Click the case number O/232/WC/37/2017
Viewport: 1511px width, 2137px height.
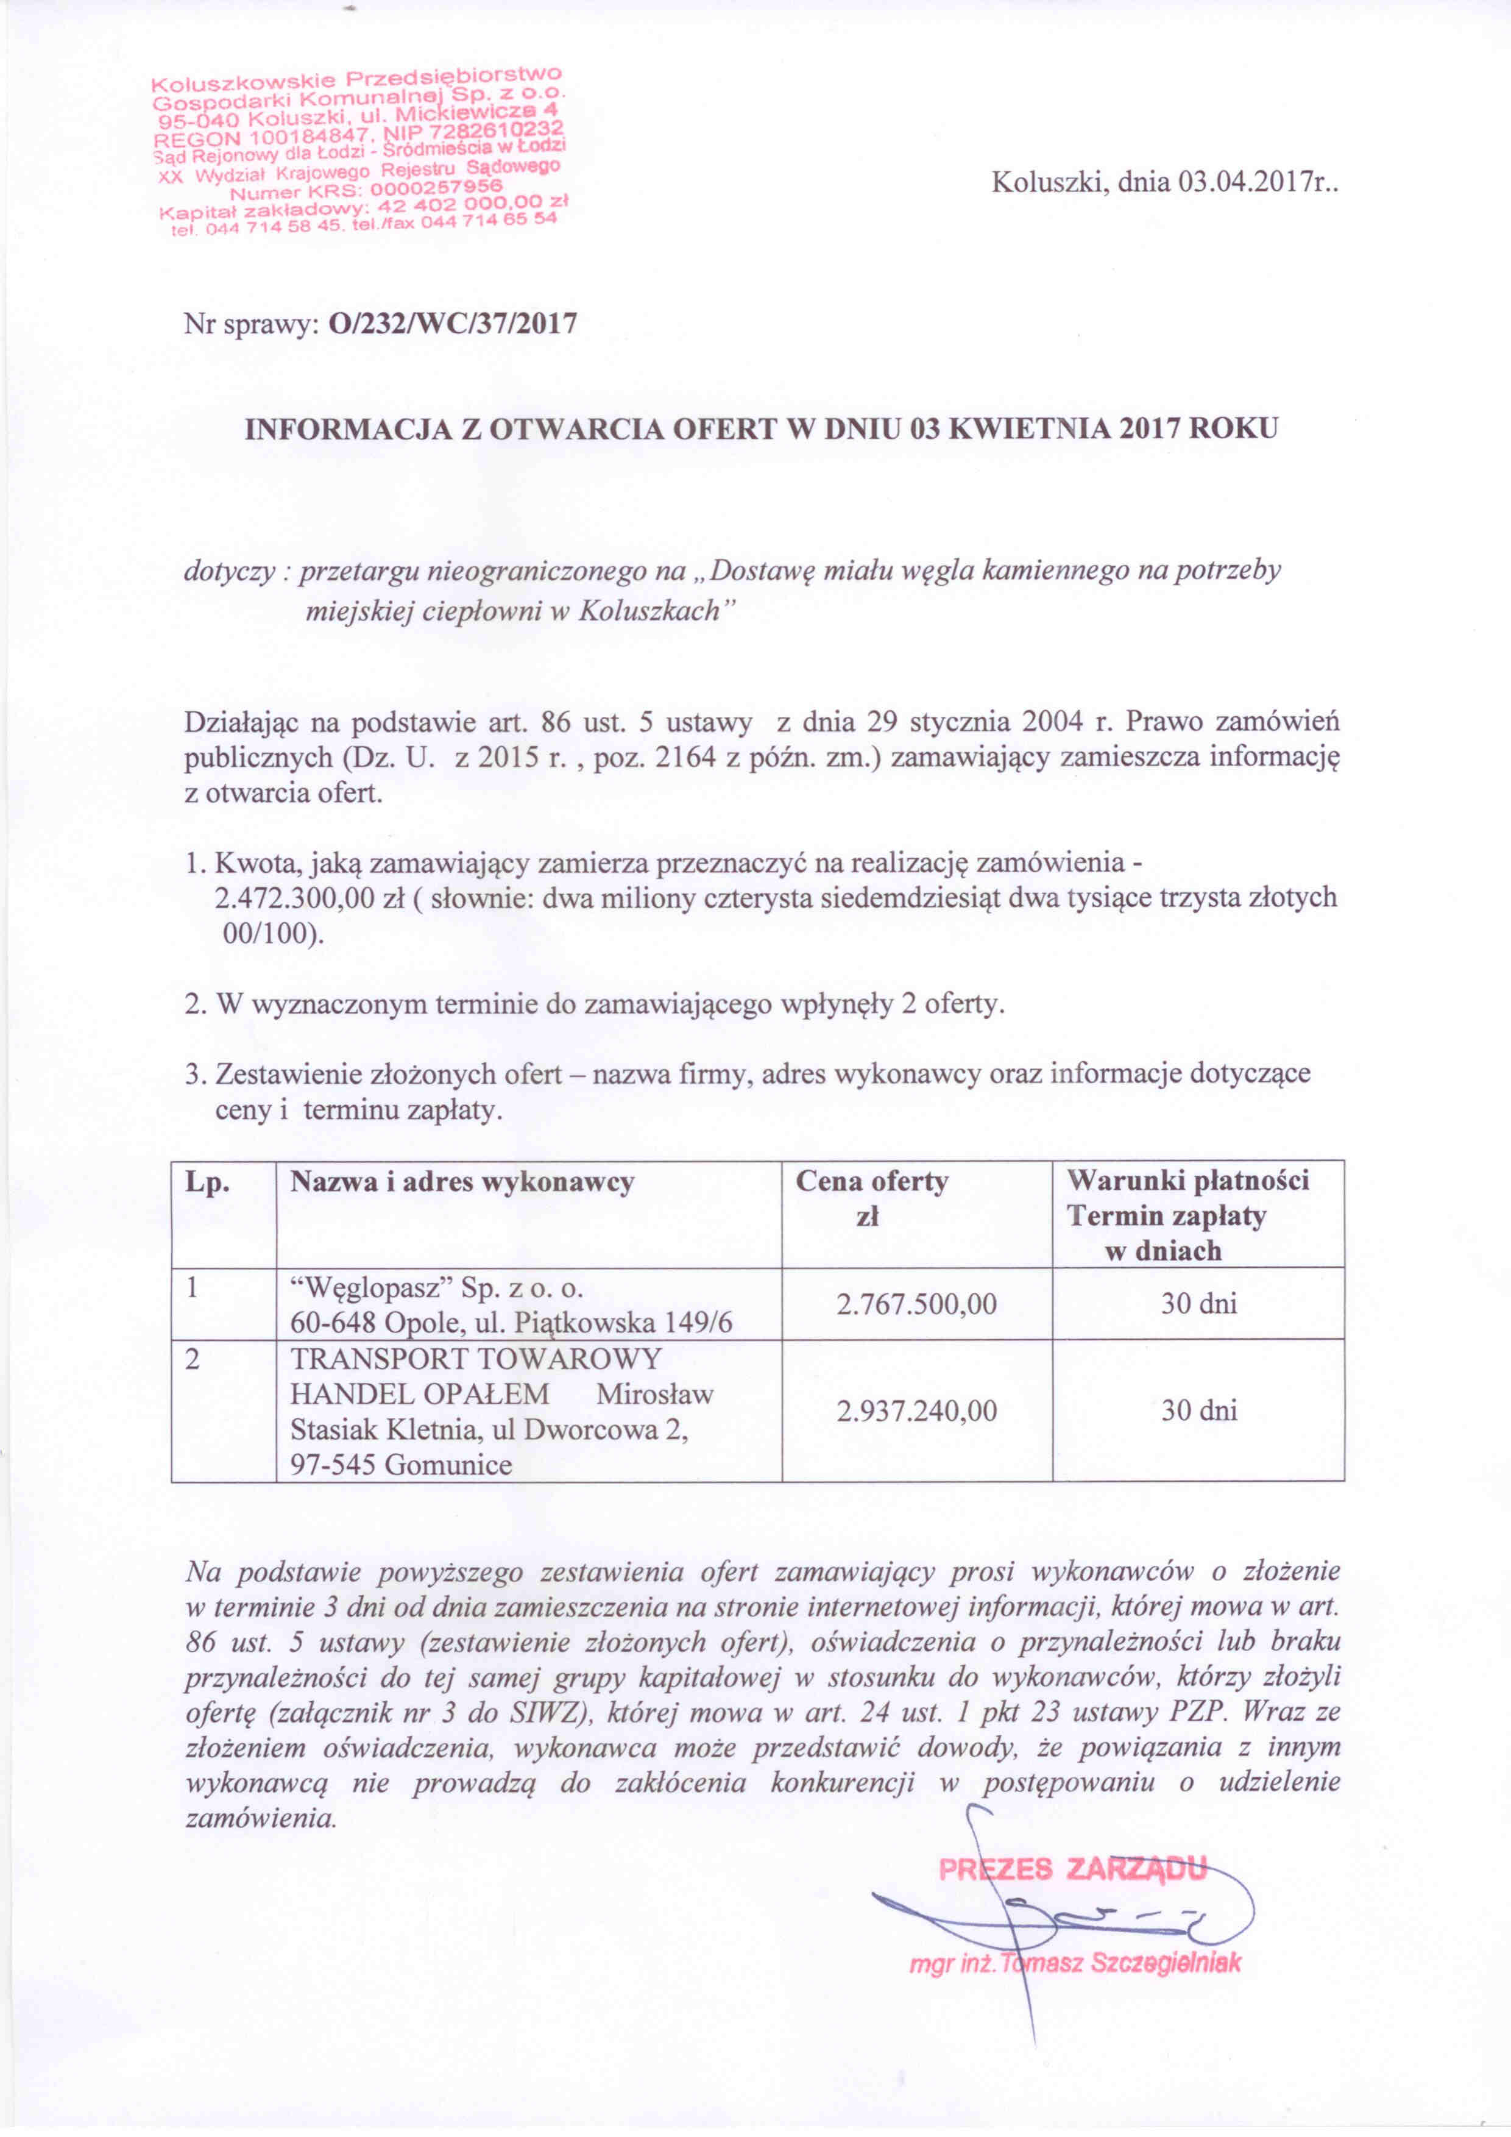pos(453,323)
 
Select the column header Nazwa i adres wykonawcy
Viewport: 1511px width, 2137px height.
pos(462,1182)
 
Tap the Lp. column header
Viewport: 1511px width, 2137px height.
pos(208,1182)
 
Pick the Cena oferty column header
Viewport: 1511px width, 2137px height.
pos(872,1182)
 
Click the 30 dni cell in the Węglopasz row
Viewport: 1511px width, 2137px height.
pos(1198,1304)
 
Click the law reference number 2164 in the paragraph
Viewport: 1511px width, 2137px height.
pos(685,758)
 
